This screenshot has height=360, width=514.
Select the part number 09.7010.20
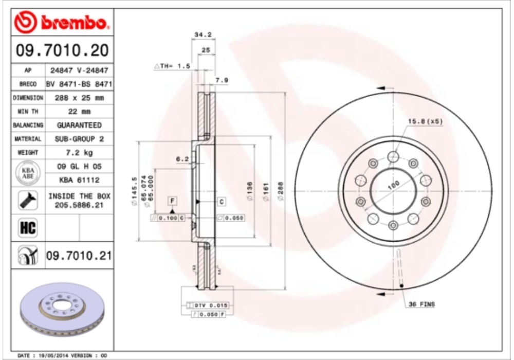pyautogui.click(x=62, y=50)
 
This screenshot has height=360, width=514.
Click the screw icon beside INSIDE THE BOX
pyautogui.click(x=28, y=201)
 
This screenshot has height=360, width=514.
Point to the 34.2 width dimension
pyautogui.click(x=203, y=35)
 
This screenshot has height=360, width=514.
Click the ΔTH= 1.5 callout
pyautogui.click(x=173, y=66)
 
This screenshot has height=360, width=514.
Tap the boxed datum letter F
pyautogui.click(x=173, y=200)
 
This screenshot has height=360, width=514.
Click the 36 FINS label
pyautogui.click(x=421, y=304)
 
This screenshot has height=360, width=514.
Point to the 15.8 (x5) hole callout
pyautogui.click(x=425, y=121)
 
